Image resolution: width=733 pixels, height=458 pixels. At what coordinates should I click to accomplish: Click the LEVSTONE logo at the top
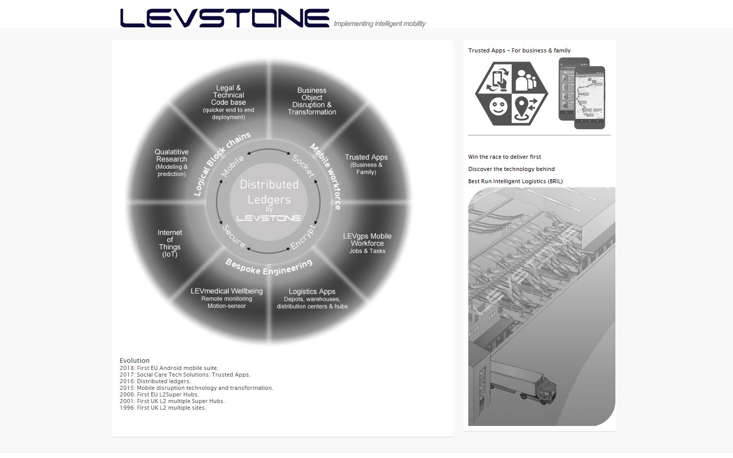(224, 18)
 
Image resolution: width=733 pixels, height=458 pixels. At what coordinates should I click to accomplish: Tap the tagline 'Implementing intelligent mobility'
(379, 23)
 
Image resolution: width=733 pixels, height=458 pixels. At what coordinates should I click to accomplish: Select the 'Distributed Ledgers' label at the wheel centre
(269, 192)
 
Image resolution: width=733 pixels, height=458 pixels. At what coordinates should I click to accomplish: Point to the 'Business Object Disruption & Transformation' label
(312, 101)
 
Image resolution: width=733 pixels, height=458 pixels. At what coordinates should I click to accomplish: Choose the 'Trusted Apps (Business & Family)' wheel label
(366, 164)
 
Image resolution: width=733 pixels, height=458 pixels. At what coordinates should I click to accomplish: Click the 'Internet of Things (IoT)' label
(170, 243)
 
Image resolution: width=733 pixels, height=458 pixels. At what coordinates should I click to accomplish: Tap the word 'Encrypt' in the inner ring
(303, 237)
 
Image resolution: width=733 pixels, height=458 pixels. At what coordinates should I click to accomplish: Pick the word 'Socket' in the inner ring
(303, 166)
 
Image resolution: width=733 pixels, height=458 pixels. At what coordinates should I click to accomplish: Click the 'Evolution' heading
(134, 360)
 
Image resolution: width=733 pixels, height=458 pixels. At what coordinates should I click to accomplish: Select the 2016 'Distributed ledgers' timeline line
(155, 381)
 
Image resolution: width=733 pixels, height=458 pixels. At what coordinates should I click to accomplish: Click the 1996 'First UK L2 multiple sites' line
(163, 408)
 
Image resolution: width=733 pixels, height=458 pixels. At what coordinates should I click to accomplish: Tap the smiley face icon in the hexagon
(498, 107)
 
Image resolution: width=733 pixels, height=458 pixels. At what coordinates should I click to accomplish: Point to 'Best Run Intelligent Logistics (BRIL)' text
(515, 181)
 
